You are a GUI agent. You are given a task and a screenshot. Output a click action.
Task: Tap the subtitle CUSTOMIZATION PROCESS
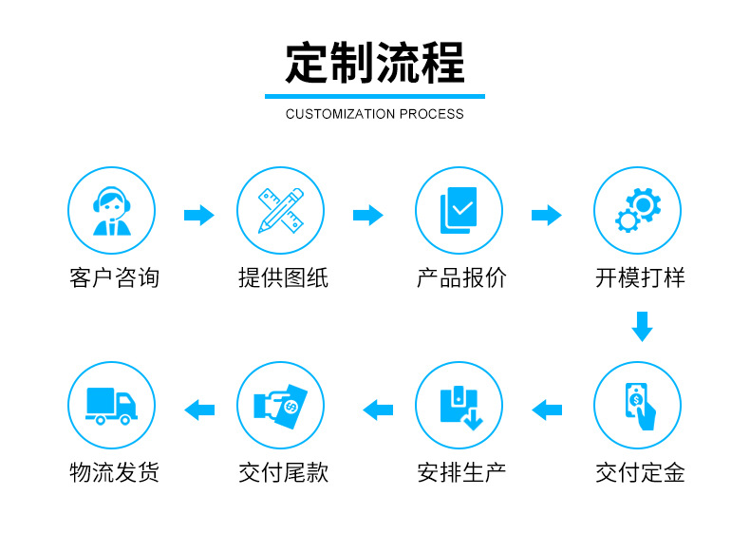[x=375, y=114]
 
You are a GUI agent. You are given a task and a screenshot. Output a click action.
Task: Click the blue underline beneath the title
[x=375, y=96]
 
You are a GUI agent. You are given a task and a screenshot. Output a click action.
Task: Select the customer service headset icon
[x=111, y=210]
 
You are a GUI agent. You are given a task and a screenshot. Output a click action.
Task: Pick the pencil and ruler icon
[x=281, y=210]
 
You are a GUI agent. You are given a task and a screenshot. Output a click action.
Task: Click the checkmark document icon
[x=459, y=210]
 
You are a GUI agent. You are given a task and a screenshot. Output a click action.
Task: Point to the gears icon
[x=638, y=210]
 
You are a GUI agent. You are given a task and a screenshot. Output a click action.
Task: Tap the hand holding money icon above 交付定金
[x=638, y=406]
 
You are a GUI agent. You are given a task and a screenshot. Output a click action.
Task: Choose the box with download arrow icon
[x=459, y=406]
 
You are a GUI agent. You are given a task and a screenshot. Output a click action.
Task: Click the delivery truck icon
[x=111, y=406]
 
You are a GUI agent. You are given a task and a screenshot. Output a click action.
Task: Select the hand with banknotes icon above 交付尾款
[x=281, y=406]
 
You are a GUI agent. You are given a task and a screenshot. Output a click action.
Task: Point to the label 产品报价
[x=461, y=278]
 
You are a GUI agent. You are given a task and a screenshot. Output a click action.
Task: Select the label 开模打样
[x=640, y=278]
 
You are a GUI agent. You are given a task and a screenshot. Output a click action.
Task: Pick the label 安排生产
[x=461, y=473]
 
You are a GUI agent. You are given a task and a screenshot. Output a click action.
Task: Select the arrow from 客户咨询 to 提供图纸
[x=198, y=215]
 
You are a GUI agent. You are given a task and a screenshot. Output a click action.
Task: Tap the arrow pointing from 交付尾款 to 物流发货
[x=198, y=410]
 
